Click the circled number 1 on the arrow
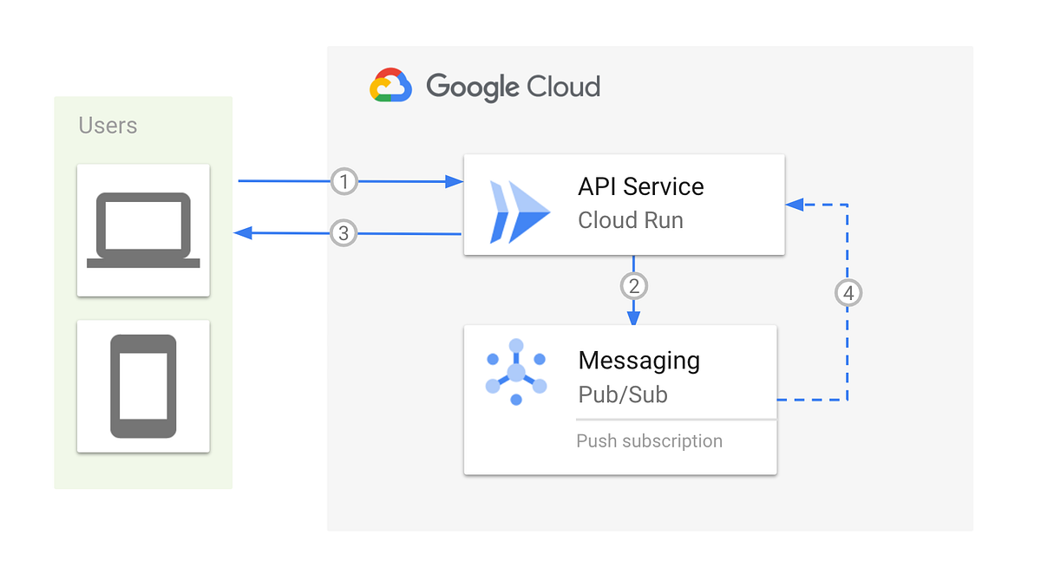point(344,182)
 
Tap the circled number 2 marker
point(633,285)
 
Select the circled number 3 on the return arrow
point(344,233)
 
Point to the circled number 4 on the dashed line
point(848,294)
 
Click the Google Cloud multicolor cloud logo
point(390,86)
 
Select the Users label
point(108,126)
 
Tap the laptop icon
point(143,230)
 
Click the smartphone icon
point(143,386)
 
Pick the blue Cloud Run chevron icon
point(519,212)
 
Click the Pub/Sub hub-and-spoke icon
point(516,372)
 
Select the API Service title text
point(640,186)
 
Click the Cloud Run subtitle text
point(631,220)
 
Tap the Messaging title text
point(638,360)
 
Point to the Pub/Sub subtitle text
point(622,394)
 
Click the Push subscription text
point(649,441)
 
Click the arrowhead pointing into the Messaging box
point(633,317)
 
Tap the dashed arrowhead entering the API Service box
point(794,205)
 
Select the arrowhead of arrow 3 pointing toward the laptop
point(244,232)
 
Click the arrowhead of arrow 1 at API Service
point(454,182)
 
